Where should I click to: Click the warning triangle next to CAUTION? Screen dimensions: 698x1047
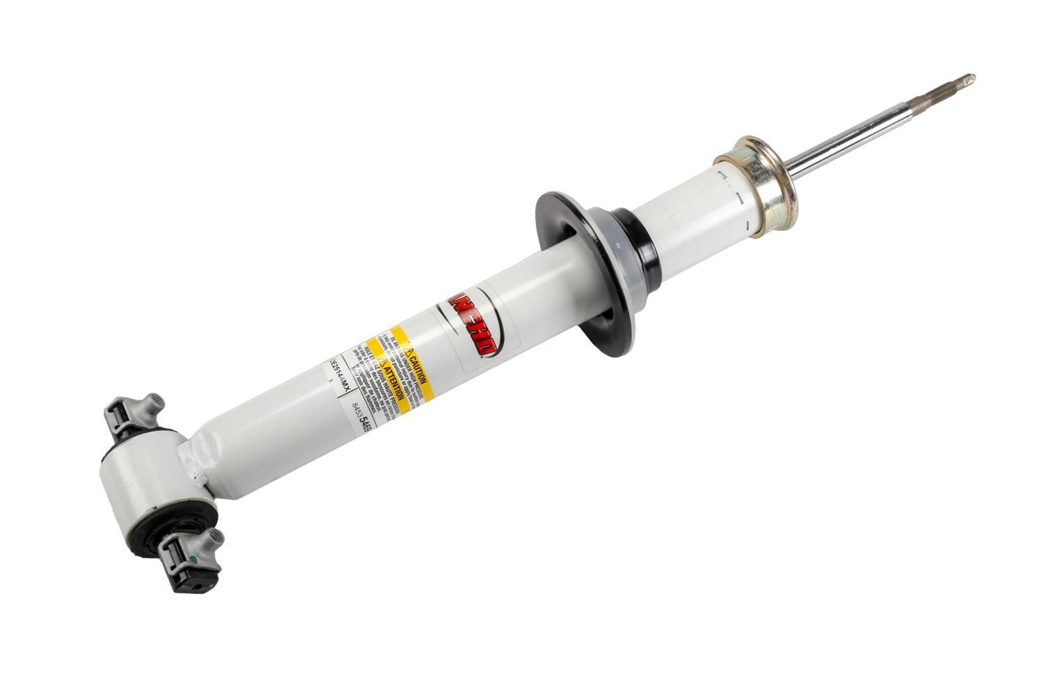coord(411,348)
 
